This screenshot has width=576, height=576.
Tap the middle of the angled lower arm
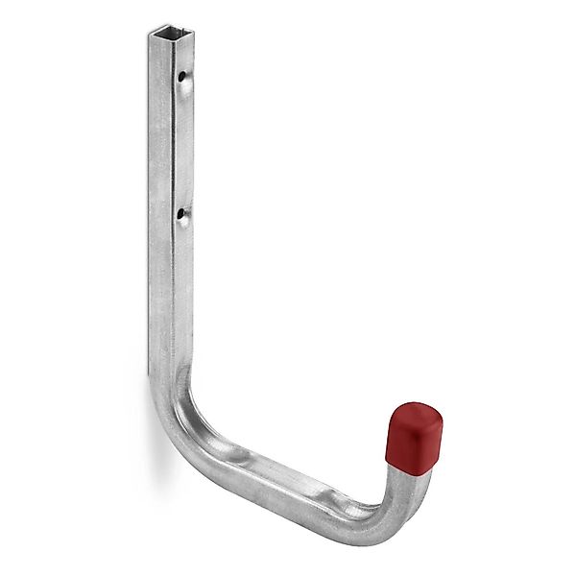[x=288, y=461]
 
